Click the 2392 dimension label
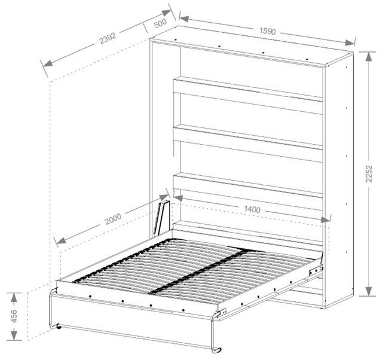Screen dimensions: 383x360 [x=108, y=38]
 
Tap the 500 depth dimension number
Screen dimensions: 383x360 [x=161, y=23]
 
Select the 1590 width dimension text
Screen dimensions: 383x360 [x=268, y=31]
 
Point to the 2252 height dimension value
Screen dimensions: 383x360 [x=369, y=173]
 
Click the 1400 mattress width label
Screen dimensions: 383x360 [x=252, y=209]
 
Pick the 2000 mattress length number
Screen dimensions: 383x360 [x=113, y=219]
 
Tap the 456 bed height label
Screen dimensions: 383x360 [x=14, y=316]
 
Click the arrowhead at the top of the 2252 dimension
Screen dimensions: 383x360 [x=369, y=56]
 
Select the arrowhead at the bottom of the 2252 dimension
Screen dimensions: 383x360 [x=369, y=291]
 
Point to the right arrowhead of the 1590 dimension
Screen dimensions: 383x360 [x=350, y=43]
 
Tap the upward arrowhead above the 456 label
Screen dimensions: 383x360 [x=14, y=297]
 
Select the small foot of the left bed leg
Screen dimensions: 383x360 [x=59, y=327]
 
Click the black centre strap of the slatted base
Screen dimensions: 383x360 [x=198, y=271]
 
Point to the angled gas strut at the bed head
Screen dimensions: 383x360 [x=161, y=218]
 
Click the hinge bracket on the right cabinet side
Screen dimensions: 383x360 [x=316, y=270]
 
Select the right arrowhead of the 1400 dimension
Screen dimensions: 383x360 [x=325, y=219]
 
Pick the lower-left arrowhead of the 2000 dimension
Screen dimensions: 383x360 [x=62, y=240]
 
